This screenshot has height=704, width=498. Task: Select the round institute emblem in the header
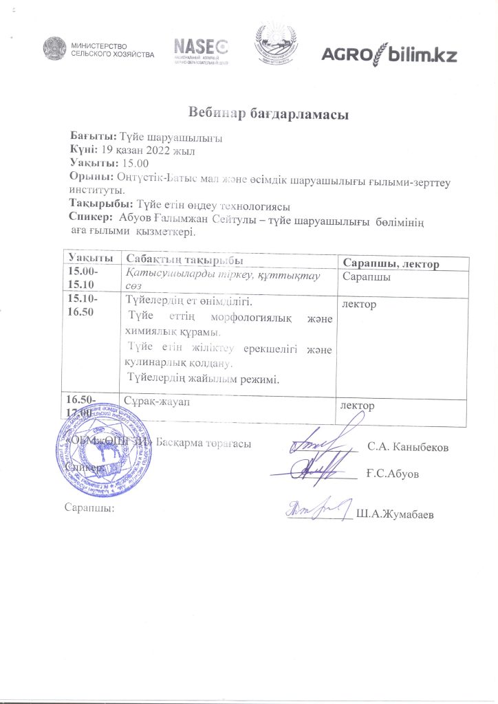[277, 45]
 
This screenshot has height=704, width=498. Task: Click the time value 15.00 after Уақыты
[134, 163]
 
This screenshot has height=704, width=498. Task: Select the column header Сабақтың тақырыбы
[184, 258]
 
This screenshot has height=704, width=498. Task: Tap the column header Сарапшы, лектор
[391, 263]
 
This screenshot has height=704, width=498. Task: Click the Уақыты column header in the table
[89, 256]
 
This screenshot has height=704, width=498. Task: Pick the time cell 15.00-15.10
[82, 278]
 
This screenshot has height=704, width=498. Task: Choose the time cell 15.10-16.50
[82, 306]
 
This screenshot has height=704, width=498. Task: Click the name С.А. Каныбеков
[408, 448]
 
